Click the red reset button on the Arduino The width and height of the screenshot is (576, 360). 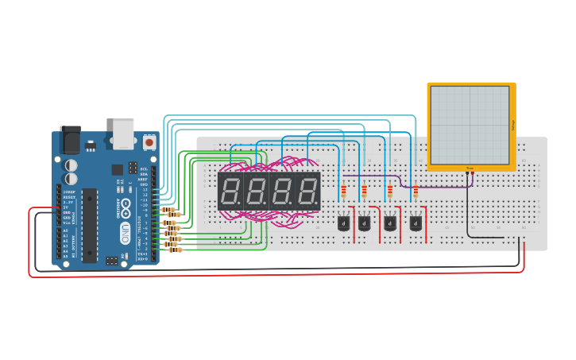pyautogui.click(x=149, y=142)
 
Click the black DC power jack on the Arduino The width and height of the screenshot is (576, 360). pyautogui.click(x=70, y=140)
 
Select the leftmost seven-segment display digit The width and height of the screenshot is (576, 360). pyautogui.click(x=230, y=192)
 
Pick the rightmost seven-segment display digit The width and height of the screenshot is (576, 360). pyautogui.click(x=307, y=192)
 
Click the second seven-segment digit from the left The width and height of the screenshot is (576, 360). pyautogui.click(x=256, y=192)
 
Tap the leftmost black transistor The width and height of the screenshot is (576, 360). pyautogui.click(x=343, y=223)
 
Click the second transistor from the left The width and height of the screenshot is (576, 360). pyautogui.click(x=364, y=223)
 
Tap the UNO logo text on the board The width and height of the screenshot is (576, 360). pyautogui.click(x=125, y=233)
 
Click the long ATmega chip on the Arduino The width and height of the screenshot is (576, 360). pyautogui.click(x=90, y=225)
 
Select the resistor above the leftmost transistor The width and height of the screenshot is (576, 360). pyautogui.click(x=343, y=192)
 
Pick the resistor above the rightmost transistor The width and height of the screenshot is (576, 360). pyautogui.click(x=416, y=191)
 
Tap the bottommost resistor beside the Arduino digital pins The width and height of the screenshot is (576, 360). pyautogui.click(x=174, y=250)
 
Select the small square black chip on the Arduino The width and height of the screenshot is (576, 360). pyautogui.click(x=118, y=169)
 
